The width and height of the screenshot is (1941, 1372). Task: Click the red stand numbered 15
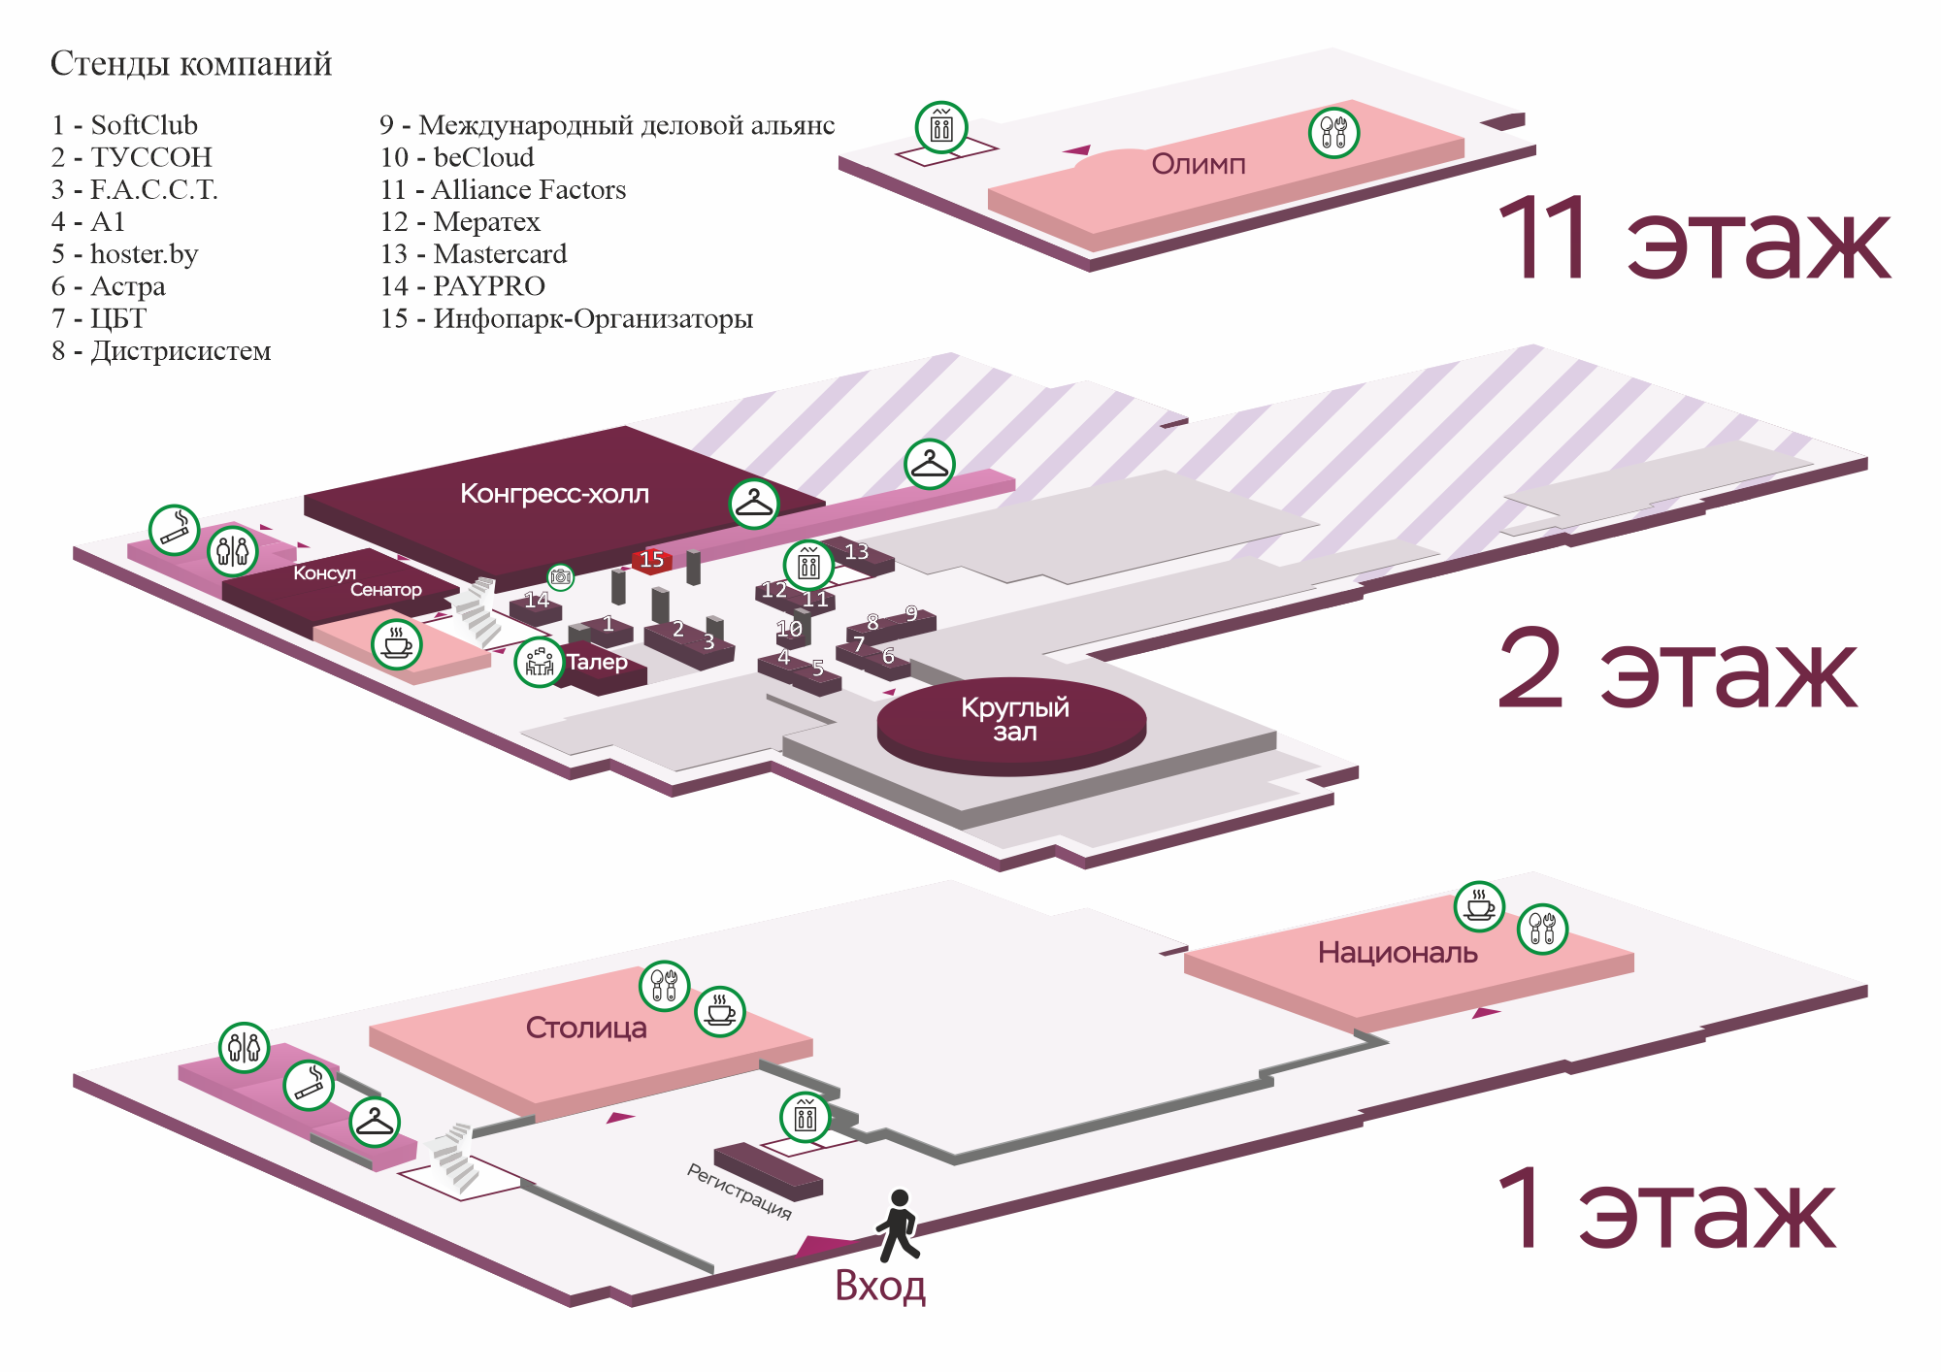click(651, 560)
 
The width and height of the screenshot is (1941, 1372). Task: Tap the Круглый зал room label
click(1014, 719)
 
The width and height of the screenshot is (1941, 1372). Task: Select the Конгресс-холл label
click(554, 494)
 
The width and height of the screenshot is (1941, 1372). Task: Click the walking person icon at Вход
click(899, 1225)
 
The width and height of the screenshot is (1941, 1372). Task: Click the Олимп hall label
click(1198, 164)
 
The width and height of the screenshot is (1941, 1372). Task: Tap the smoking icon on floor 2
click(174, 530)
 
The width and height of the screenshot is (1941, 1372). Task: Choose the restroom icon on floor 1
click(244, 1048)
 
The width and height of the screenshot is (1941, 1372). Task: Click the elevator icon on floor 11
click(941, 127)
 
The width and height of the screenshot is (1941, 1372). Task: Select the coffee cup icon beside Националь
click(1479, 906)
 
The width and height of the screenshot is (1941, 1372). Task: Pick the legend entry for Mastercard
click(474, 254)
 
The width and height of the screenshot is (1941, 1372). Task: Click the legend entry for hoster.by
click(125, 254)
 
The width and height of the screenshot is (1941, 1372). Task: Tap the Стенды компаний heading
click(191, 64)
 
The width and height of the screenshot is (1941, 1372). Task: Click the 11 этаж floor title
click(1694, 240)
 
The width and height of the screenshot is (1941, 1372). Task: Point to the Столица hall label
click(586, 1028)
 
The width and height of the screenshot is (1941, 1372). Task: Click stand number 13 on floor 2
click(856, 552)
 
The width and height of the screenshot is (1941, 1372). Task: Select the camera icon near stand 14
click(561, 577)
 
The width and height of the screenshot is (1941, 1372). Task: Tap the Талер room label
click(597, 662)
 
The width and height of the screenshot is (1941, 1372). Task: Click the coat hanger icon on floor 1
click(375, 1122)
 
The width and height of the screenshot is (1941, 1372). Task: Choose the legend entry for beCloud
click(457, 157)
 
